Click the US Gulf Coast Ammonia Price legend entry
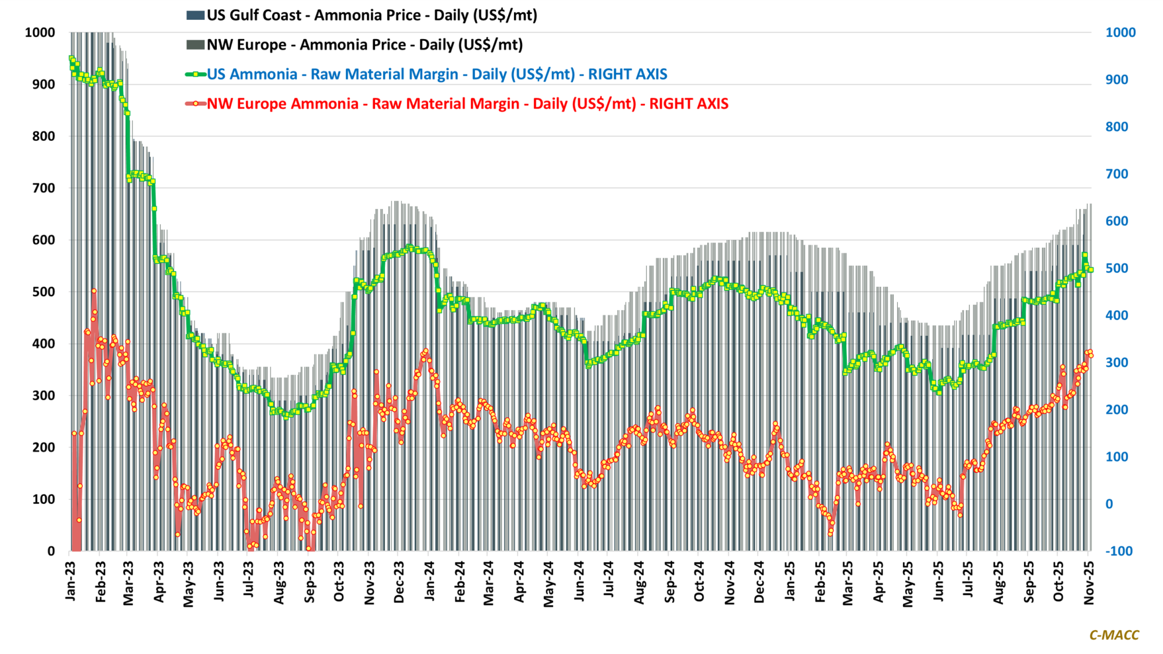coord(372,15)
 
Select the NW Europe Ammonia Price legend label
coord(365,45)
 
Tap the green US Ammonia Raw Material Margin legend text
coord(437,74)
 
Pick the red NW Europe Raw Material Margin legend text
coord(468,104)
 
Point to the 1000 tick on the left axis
coord(40,33)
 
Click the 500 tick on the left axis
coord(44,292)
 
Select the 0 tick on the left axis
coord(51,551)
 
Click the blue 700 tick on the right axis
coord(1116,174)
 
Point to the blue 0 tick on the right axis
coord(1110,504)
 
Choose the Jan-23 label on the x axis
coord(71,581)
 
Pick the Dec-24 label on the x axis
coord(759,582)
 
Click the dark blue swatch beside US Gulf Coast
coord(195,15)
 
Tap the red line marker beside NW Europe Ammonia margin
coord(195,104)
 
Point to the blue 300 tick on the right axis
coord(1116,362)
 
